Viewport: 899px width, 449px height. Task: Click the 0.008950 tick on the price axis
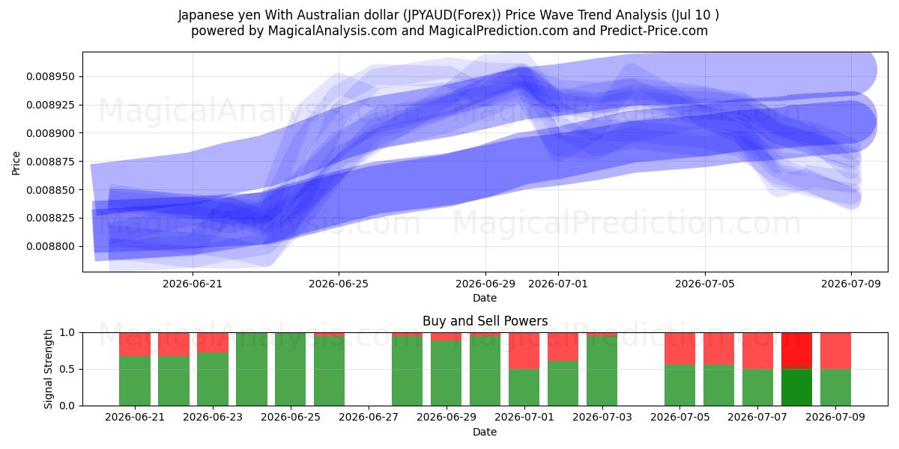(51, 76)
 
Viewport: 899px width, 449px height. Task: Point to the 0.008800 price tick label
(51, 246)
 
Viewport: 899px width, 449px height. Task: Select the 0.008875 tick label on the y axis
(51, 162)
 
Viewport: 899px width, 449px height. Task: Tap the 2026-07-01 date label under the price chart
(558, 284)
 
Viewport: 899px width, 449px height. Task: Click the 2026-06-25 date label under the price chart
(339, 284)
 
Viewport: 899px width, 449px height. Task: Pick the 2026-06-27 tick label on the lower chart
(369, 417)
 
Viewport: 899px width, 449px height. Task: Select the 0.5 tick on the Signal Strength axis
(67, 369)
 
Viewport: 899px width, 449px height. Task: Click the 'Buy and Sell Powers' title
(485, 321)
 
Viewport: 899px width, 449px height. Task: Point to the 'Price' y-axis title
(16, 163)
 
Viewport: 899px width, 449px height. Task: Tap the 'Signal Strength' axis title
(48, 369)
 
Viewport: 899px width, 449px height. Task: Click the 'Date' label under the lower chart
(485, 432)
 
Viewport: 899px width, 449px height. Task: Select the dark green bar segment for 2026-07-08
(796, 388)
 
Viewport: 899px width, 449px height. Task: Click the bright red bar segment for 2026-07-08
(796, 349)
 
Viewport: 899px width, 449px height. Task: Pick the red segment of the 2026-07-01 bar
(524, 351)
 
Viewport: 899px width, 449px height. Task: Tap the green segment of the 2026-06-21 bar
(135, 381)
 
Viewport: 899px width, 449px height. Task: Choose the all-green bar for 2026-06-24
(252, 369)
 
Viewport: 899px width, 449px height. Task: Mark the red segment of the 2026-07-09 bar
(835, 351)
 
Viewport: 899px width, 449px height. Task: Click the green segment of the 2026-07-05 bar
(680, 385)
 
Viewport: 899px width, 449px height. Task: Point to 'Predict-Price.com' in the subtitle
(654, 31)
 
